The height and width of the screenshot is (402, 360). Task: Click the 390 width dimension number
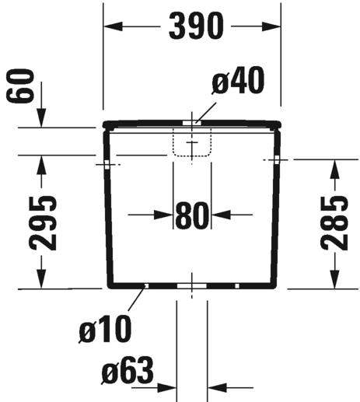(196, 26)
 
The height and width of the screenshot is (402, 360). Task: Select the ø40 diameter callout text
(238, 80)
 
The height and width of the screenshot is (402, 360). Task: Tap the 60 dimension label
(20, 86)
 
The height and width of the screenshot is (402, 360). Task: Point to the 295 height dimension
(43, 223)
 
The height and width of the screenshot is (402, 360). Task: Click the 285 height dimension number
(334, 223)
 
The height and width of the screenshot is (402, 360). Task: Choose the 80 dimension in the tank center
(192, 215)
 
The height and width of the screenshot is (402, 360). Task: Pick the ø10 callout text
(105, 329)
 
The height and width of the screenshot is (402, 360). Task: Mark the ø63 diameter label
(128, 370)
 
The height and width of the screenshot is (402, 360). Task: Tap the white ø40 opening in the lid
(192, 123)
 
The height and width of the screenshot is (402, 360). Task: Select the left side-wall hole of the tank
(107, 165)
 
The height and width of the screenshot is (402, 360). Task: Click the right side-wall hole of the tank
(277, 160)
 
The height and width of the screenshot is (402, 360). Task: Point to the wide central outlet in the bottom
(192, 286)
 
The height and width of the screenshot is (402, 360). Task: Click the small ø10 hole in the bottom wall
(147, 286)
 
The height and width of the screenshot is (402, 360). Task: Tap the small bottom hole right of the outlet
(237, 286)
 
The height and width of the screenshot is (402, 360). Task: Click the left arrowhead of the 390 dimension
(113, 26)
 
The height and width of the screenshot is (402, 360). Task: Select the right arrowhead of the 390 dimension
(271, 26)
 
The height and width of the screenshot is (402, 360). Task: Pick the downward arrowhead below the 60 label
(41, 118)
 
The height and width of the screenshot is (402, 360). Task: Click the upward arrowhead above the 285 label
(334, 169)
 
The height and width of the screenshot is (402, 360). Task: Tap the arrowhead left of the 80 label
(163, 215)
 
